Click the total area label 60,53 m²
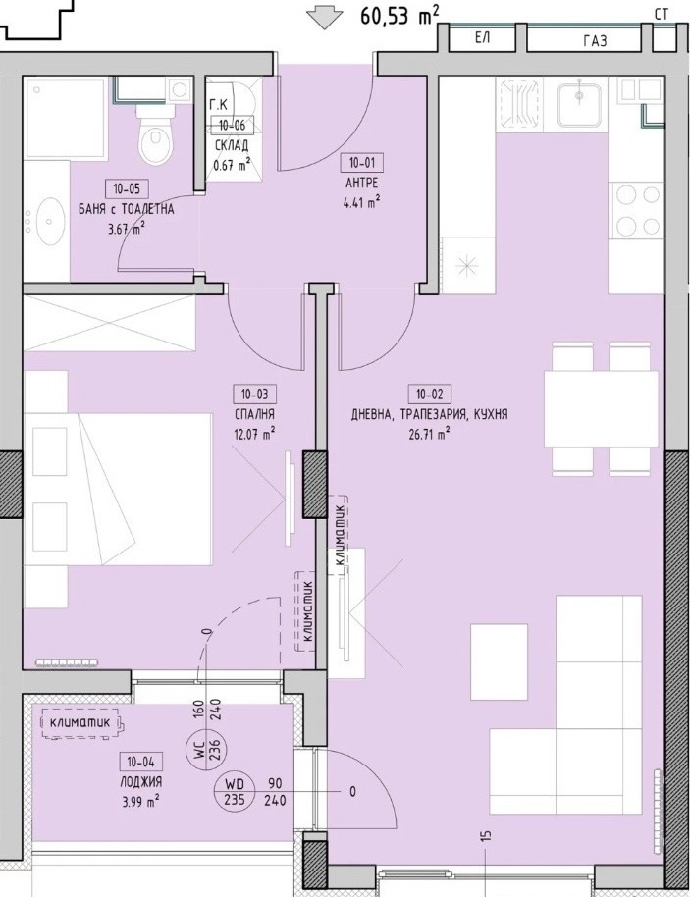(x=399, y=15)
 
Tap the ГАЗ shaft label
(x=595, y=41)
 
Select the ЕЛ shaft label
(x=482, y=38)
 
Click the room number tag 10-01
(x=361, y=163)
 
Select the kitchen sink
(x=579, y=104)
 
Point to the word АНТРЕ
(x=361, y=184)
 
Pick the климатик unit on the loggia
(x=83, y=722)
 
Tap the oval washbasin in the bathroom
(x=50, y=220)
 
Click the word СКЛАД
(x=232, y=145)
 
